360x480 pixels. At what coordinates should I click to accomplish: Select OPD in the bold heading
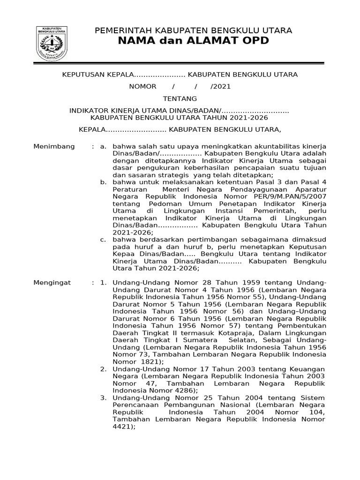coord(254,41)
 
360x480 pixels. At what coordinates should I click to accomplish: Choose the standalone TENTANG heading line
coord(180,99)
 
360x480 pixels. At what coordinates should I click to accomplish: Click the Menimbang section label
coord(54,147)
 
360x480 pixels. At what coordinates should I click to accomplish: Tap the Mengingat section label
coord(52,283)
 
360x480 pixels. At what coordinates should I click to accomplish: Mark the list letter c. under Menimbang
coord(104,240)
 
